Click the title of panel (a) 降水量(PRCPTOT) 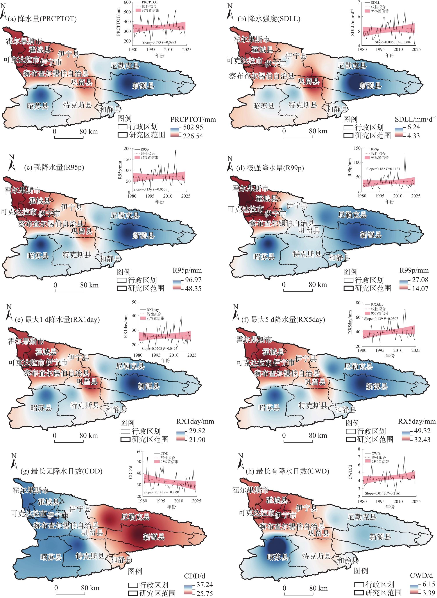(42, 19)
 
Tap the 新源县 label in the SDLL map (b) (370, 85)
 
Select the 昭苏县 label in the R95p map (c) (38, 256)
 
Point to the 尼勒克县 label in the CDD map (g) (135, 517)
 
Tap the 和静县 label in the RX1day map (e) (116, 409)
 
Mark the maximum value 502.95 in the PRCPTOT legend (193, 127)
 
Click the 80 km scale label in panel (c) (90, 285)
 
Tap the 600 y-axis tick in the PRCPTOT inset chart (127, 2)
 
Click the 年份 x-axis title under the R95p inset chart (159, 202)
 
